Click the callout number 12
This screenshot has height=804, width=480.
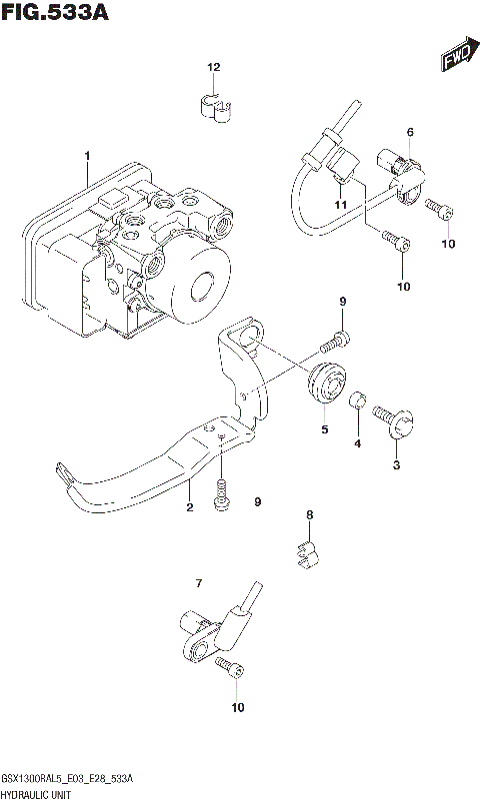tap(212, 67)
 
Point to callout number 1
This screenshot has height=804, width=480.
tap(87, 155)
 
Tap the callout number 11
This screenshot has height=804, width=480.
tap(340, 205)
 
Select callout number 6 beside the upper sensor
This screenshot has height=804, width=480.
tap(409, 132)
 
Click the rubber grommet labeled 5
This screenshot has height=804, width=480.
tap(325, 389)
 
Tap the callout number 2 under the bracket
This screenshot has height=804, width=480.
tap(188, 507)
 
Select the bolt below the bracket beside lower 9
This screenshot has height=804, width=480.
tap(222, 494)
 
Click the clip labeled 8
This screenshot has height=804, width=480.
tap(308, 553)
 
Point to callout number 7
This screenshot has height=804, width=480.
tap(199, 582)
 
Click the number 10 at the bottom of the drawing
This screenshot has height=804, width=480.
tap(236, 708)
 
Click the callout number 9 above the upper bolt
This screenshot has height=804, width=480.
tap(341, 302)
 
